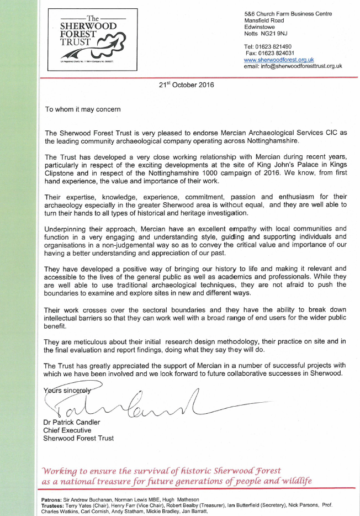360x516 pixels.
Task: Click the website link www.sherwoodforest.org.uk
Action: click(279, 60)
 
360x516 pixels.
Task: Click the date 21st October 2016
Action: click(186, 85)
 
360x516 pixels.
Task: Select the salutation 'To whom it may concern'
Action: click(82, 109)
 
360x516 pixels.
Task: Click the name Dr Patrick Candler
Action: click(73, 423)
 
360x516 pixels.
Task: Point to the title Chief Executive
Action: click(67, 430)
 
